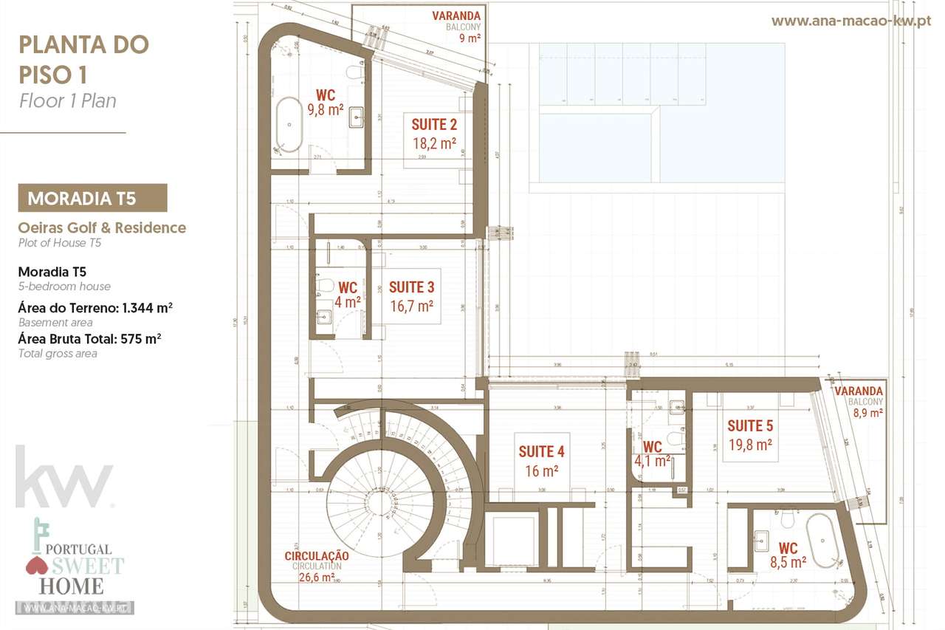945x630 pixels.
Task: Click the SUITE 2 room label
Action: (x=433, y=125)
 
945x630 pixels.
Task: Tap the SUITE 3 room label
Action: (x=411, y=287)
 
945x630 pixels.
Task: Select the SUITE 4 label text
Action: (x=541, y=451)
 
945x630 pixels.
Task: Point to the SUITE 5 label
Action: (x=750, y=425)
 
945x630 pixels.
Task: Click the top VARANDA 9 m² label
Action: (x=456, y=26)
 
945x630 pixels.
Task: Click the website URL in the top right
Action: (x=850, y=21)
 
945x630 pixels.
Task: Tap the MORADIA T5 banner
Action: (x=92, y=198)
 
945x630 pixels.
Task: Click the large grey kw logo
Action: (x=64, y=477)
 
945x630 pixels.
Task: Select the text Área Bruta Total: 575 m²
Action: (x=89, y=338)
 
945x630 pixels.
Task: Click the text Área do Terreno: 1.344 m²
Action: (x=95, y=307)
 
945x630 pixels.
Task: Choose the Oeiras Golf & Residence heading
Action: (x=102, y=227)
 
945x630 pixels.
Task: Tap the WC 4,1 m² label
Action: (x=653, y=454)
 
